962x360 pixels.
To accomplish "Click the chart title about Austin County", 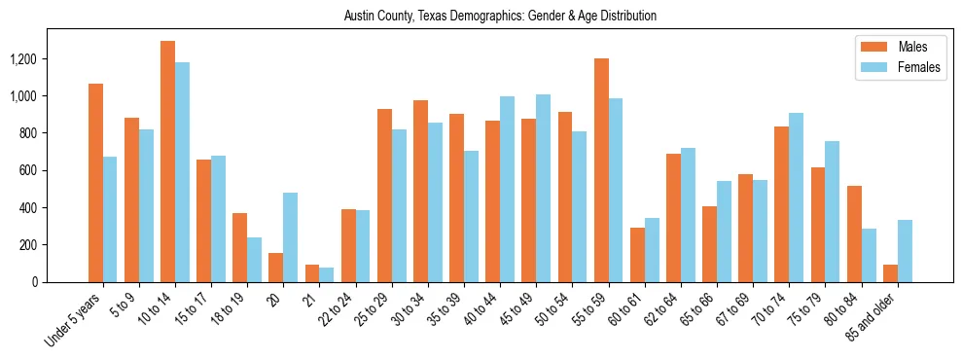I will tap(500, 16).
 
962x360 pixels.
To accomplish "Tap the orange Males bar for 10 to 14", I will tap(167, 162).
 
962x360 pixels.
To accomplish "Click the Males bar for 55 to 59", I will tap(601, 170).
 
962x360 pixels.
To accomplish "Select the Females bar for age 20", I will tap(291, 237).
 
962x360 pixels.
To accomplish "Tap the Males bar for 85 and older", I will tap(890, 273).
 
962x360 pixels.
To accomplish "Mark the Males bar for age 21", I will tap(312, 273).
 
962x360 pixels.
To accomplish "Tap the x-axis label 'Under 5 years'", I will tap(76, 321).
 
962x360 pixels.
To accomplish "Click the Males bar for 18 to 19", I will tap(239, 247).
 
